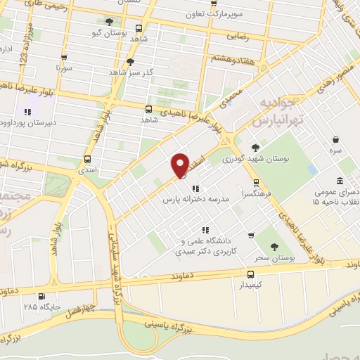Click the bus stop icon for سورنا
pyautogui.click(x=64, y=58)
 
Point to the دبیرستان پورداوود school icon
pyautogui.click(x=27, y=111)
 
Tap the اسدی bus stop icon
pyautogui.click(x=87, y=159)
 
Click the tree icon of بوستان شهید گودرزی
pyautogui.click(x=255, y=148)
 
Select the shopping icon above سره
pyautogui.click(x=337, y=139)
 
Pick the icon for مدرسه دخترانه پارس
pyautogui.click(x=195, y=188)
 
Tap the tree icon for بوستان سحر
pyautogui.click(x=275, y=246)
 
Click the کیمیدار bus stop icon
pyautogui.click(x=251, y=274)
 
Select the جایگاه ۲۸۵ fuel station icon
pyautogui.click(x=41, y=296)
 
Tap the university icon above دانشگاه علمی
pyautogui.click(x=205, y=229)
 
